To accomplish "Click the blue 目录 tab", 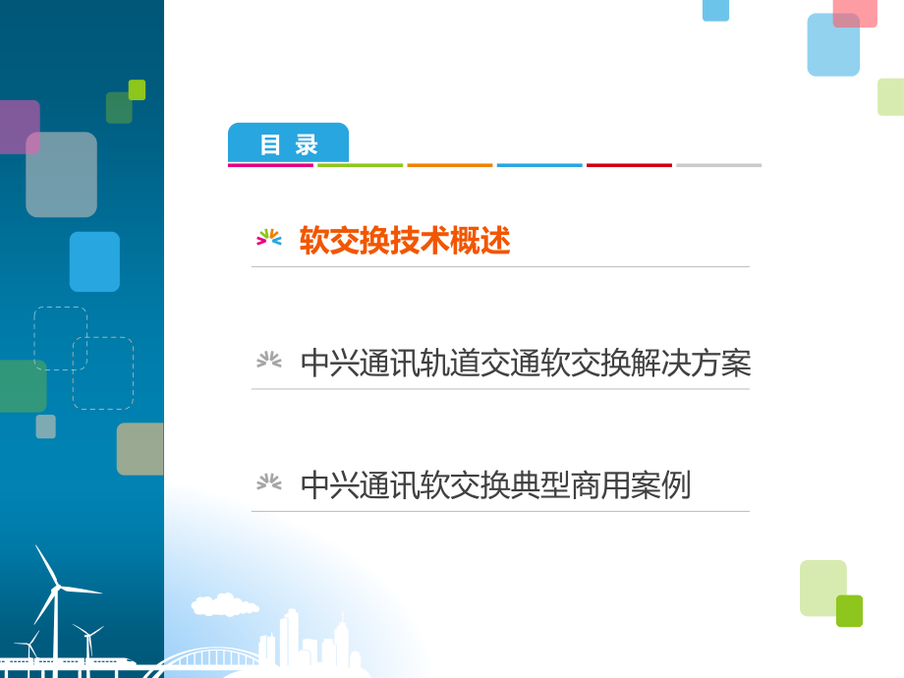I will click(x=288, y=143).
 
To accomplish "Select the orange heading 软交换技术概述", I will click(x=405, y=242).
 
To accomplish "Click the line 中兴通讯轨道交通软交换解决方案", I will click(x=526, y=364).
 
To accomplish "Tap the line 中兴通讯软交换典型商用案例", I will click(x=495, y=485).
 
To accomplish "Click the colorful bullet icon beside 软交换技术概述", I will click(x=269, y=238).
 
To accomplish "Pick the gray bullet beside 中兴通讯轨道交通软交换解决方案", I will click(x=269, y=361).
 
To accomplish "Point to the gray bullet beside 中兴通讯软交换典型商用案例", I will click(x=269, y=482).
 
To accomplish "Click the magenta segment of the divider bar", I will click(x=270, y=165).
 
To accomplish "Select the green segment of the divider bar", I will click(x=360, y=165).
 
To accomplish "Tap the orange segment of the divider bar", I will click(x=450, y=165).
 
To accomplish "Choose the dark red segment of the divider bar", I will click(x=629, y=165).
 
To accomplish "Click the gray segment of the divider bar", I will click(x=718, y=165).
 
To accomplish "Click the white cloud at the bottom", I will click(x=225, y=604).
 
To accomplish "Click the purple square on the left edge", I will click(x=19, y=127).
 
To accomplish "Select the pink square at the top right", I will click(x=855, y=12).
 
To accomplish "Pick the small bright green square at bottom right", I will click(x=849, y=610).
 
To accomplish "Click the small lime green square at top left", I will click(x=137, y=89).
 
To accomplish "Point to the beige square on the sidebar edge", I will click(x=140, y=449).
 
